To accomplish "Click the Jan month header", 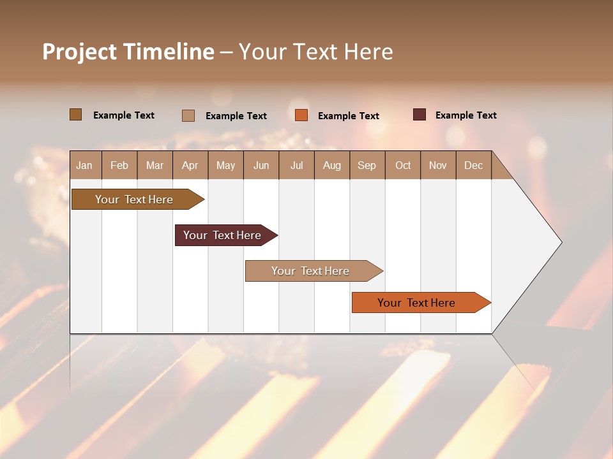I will pos(85,165).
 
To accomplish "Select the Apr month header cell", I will pos(190,165).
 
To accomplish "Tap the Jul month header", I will pos(296,165).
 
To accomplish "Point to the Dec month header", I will pos(473,165).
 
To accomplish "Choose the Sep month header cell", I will pos(367,165).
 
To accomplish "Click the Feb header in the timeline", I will pos(119,165).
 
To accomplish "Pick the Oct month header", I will pos(403,165).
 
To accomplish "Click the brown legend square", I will pos(75,115).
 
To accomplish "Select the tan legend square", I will pos(188,115).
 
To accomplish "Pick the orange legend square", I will pos(301,115).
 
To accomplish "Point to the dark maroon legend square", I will pos(420,115).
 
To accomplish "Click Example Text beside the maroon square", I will pos(465,115).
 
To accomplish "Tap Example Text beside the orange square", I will pos(348,116).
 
